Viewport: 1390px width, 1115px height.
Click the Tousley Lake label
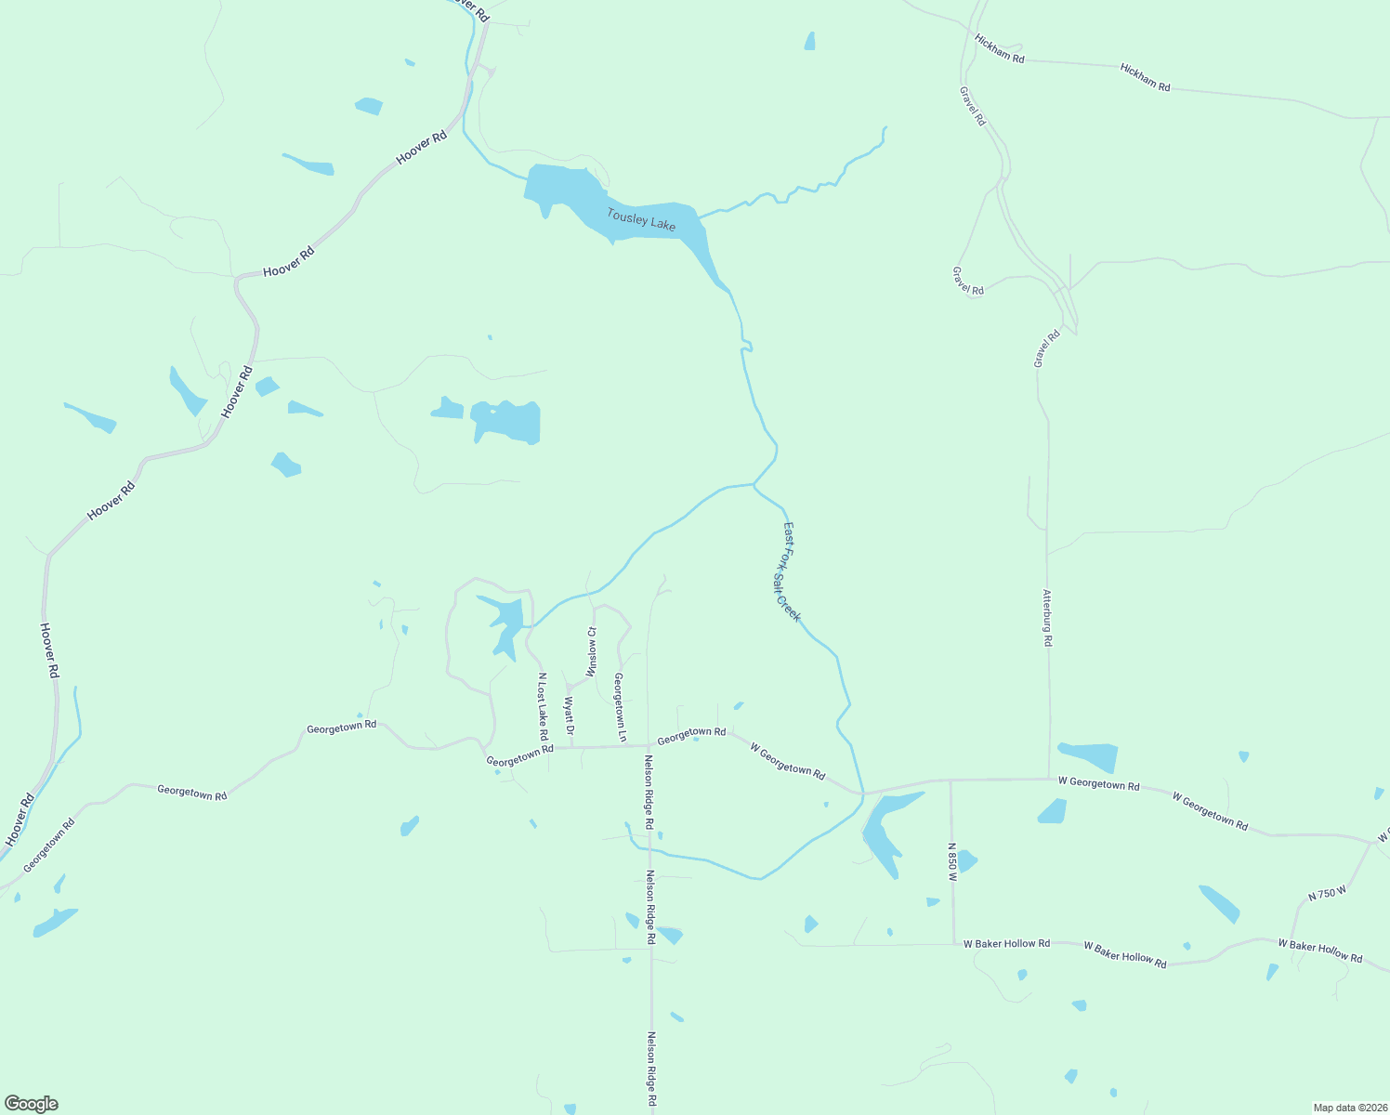click(641, 220)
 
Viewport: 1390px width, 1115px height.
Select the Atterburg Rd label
click(1047, 618)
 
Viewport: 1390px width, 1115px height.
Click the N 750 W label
click(1327, 894)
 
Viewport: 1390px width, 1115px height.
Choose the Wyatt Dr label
click(570, 715)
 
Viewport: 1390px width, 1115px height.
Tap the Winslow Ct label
click(592, 652)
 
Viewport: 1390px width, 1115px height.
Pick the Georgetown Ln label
click(620, 707)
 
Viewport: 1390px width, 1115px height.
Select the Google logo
click(31, 1104)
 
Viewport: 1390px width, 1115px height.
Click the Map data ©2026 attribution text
click(1348, 1108)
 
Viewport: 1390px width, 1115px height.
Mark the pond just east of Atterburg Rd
click(1089, 756)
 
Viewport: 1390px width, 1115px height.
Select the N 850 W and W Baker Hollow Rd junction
click(953, 944)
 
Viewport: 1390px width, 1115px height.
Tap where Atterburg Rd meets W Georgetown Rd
click(1049, 779)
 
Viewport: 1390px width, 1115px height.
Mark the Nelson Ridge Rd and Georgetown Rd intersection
click(648, 744)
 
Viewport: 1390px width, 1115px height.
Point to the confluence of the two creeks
click(754, 484)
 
